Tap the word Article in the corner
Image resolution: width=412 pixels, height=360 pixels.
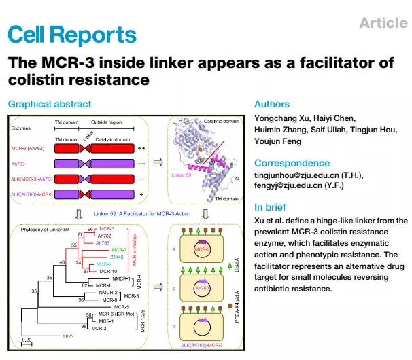[x=383, y=23]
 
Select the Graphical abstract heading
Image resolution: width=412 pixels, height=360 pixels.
[x=49, y=104]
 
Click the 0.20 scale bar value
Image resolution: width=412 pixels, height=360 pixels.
[x=29, y=339]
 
